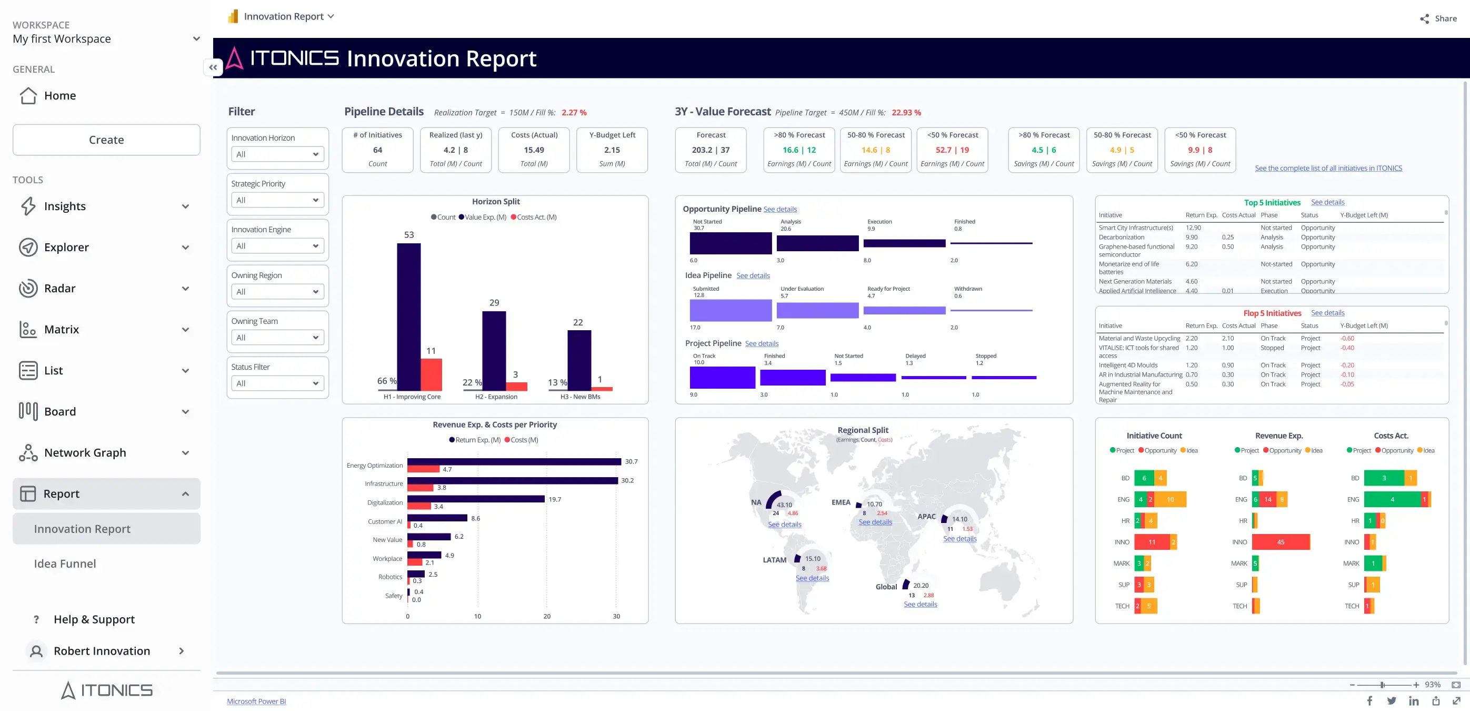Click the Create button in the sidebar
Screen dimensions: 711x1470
coord(106,140)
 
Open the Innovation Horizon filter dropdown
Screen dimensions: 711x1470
coord(277,154)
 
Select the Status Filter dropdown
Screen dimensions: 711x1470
coord(277,383)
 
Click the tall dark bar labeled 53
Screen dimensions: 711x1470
coord(408,317)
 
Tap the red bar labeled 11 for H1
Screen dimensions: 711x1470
coord(432,374)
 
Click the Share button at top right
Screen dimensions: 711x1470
coord(1438,18)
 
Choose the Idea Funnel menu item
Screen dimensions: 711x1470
coord(65,564)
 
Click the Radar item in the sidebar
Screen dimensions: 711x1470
coord(60,289)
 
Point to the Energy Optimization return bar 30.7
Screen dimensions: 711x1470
coord(514,461)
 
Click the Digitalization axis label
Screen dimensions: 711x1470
coord(385,502)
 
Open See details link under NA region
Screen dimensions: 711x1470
coord(784,524)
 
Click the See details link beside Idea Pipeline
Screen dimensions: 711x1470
coord(753,276)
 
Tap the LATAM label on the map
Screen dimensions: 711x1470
coord(774,560)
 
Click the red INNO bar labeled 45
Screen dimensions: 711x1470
coord(1281,542)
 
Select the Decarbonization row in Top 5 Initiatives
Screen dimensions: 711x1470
coord(1122,237)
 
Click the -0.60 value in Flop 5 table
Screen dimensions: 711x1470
coord(1347,338)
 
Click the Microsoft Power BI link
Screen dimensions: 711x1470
coord(256,702)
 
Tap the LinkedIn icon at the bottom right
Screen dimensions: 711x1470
coord(1414,700)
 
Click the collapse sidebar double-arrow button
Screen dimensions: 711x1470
coord(213,67)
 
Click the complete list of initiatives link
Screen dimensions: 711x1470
coord(1328,168)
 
